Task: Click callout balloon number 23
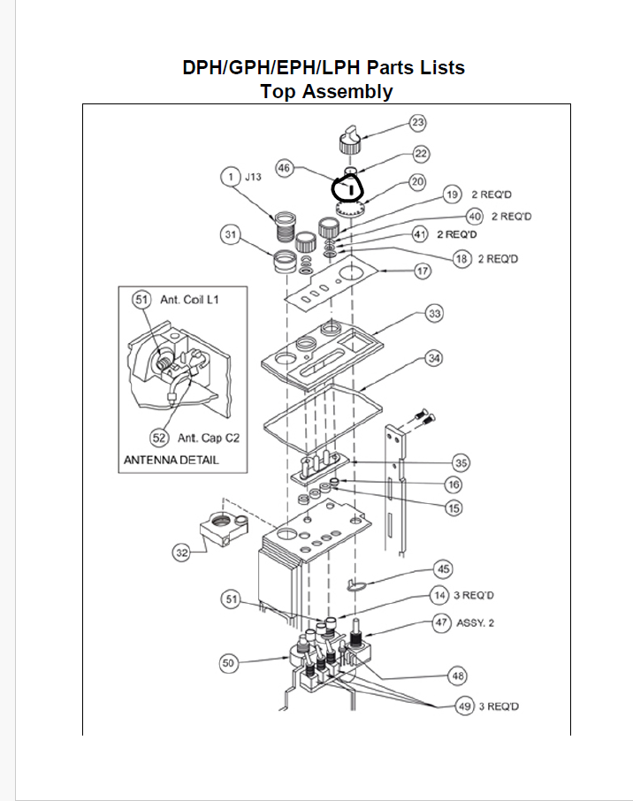click(418, 122)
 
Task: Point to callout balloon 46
click(285, 166)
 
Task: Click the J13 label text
click(253, 176)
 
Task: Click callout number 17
click(423, 271)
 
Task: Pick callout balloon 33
click(434, 314)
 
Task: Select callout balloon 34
click(434, 358)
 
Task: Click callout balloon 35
click(461, 462)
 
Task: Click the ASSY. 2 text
click(475, 622)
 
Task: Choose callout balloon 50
click(229, 663)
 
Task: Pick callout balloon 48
click(457, 676)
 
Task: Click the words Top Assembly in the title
click(326, 91)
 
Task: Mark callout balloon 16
click(454, 484)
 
